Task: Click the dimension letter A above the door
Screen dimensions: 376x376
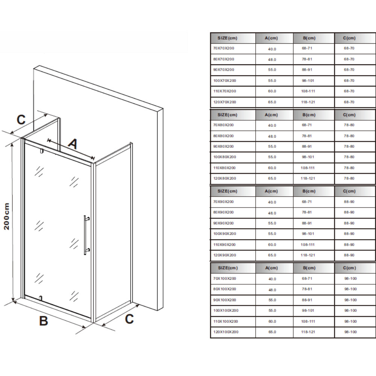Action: [x=73, y=144]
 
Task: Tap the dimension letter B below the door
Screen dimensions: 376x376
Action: [x=43, y=321]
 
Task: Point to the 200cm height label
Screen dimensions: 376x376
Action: [x=7, y=216]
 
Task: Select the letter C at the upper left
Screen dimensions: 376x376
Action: [x=21, y=120]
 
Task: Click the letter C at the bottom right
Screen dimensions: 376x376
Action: [x=129, y=319]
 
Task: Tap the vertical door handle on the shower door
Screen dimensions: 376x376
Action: [x=85, y=235]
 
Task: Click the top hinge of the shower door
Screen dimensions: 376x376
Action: [x=42, y=151]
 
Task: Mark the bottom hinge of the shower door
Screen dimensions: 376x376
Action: [x=40, y=298]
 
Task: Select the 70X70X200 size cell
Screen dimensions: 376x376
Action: [x=223, y=48]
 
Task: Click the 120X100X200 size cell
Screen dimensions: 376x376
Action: [x=226, y=332]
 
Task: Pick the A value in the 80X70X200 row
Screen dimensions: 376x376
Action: [x=272, y=59]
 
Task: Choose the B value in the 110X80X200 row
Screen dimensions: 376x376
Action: [x=308, y=168]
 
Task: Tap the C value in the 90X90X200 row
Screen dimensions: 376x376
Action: [x=349, y=223]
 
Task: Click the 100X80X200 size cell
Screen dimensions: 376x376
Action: [x=224, y=157]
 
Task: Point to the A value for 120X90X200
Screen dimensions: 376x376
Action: [x=272, y=255]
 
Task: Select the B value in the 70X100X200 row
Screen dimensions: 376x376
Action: [x=307, y=278]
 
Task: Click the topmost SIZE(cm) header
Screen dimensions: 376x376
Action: [x=227, y=38]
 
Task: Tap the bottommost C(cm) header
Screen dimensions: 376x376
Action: [x=349, y=268]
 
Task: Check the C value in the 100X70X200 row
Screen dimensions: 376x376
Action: [x=349, y=80]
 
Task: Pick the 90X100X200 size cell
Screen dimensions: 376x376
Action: [x=224, y=300]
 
